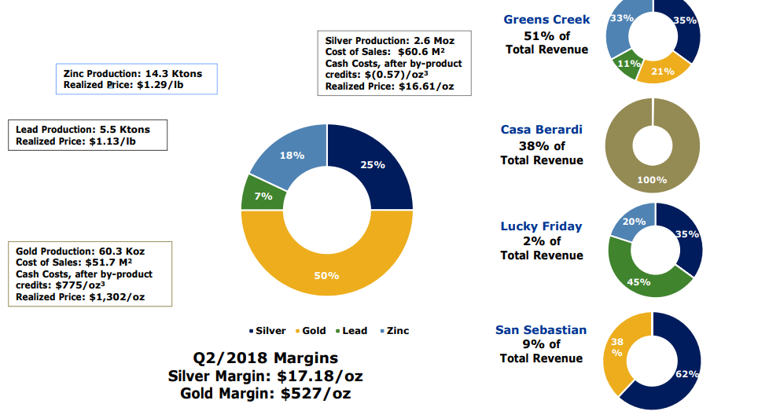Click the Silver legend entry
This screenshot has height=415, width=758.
[x=269, y=331]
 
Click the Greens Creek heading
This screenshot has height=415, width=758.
[x=546, y=20]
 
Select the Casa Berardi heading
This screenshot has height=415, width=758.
[x=542, y=130]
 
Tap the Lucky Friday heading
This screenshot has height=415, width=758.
[x=542, y=226]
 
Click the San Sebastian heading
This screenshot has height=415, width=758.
[x=541, y=330]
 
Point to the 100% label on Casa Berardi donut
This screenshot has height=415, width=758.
[x=652, y=180]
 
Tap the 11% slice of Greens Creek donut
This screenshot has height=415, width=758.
[x=626, y=63]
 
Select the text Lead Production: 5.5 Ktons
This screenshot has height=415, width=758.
[x=83, y=130]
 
